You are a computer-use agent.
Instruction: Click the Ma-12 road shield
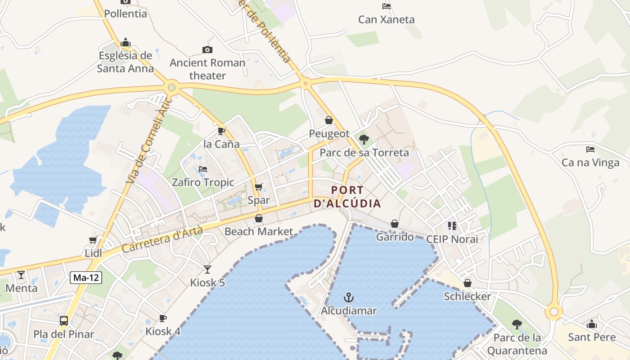click(86, 278)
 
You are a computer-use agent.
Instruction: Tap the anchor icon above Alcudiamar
click(348, 297)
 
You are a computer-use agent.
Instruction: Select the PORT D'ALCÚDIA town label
click(347, 197)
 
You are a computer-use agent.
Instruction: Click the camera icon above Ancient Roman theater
click(207, 49)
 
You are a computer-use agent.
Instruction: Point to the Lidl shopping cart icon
click(93, 240)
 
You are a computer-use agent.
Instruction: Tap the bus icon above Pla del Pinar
click(64, 321)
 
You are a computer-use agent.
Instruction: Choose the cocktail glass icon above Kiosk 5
click(207, 270)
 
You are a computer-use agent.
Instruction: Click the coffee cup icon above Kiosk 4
click(162, 318)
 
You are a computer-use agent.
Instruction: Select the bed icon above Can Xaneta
click(386, 6)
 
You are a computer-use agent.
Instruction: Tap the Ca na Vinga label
click(590, 162)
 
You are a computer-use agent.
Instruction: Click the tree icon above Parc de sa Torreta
click(364, 139)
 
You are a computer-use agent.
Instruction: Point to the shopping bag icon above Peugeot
click(329, 120)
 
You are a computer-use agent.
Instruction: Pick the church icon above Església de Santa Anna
click(125, 43)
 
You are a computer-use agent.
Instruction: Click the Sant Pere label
click(592, 337)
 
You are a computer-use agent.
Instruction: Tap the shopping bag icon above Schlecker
click(468, 283)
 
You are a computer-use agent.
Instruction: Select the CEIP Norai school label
click(452, 239)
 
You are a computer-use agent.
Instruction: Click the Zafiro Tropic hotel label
click(203, 182)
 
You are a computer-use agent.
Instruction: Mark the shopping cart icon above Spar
click(258, 187)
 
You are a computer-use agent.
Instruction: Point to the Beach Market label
click(259, 231)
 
